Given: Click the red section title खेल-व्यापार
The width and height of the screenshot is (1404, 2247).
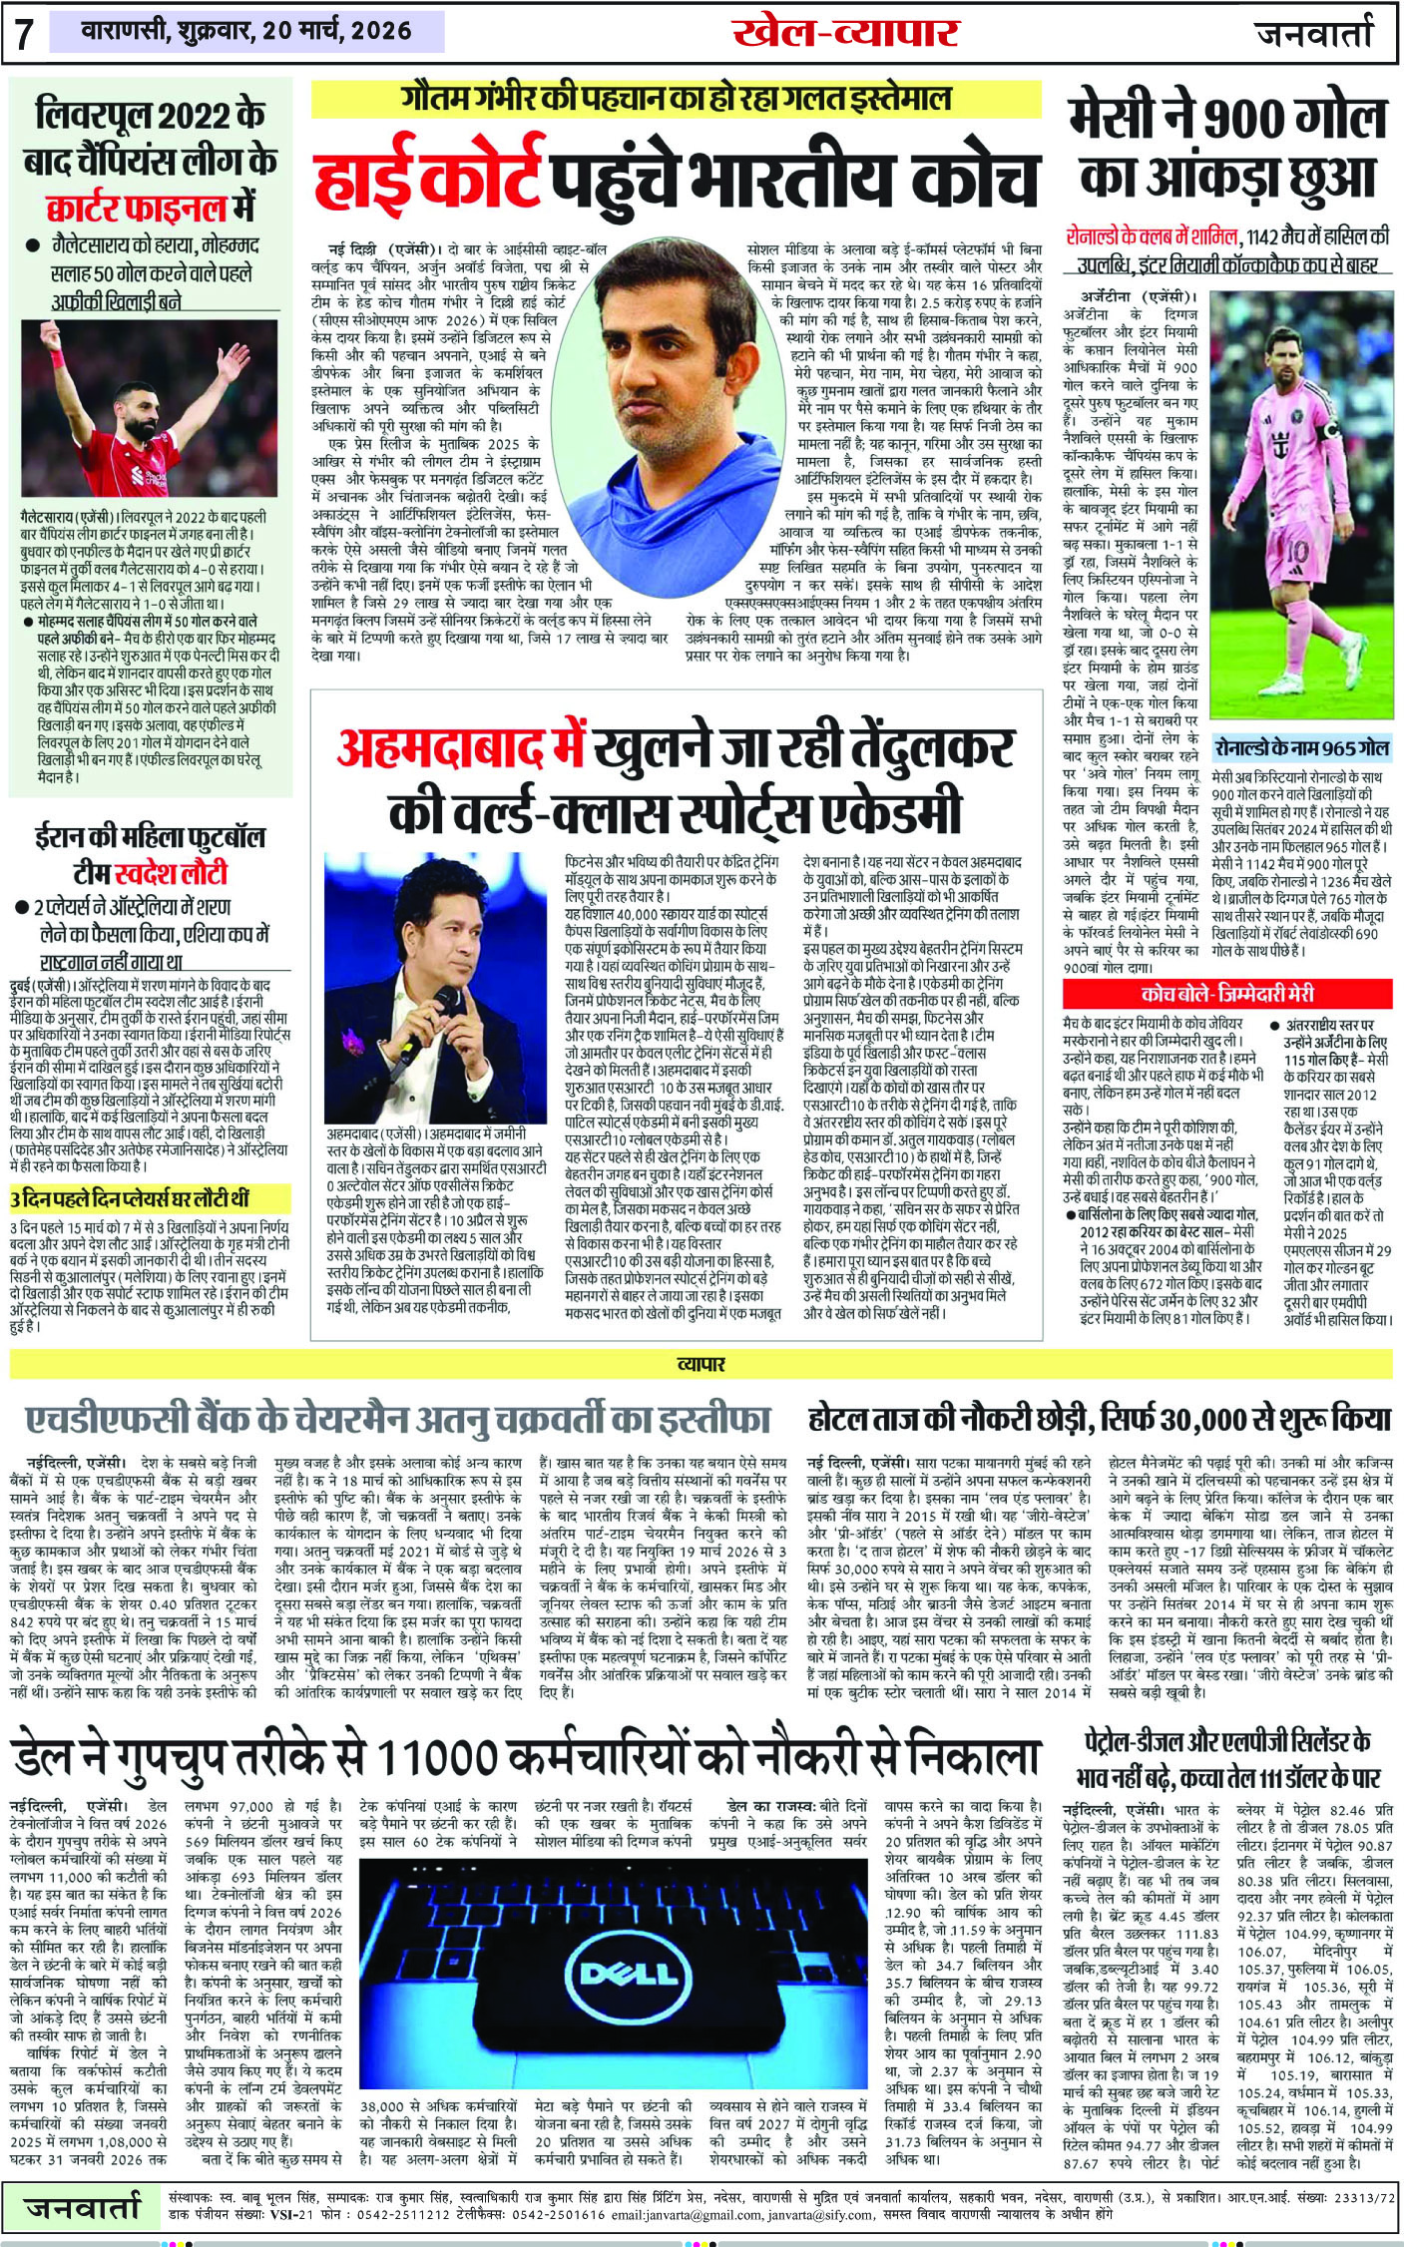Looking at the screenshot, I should point(844,33).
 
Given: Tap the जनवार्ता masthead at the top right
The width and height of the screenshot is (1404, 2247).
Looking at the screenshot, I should point(1313,33).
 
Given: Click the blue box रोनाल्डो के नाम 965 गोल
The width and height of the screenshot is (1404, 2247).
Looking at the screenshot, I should point(1301,746).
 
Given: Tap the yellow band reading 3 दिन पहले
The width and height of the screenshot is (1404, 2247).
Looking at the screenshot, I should point(130,1197).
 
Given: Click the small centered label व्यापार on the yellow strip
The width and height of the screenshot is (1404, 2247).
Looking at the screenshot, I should point(701,1363).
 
